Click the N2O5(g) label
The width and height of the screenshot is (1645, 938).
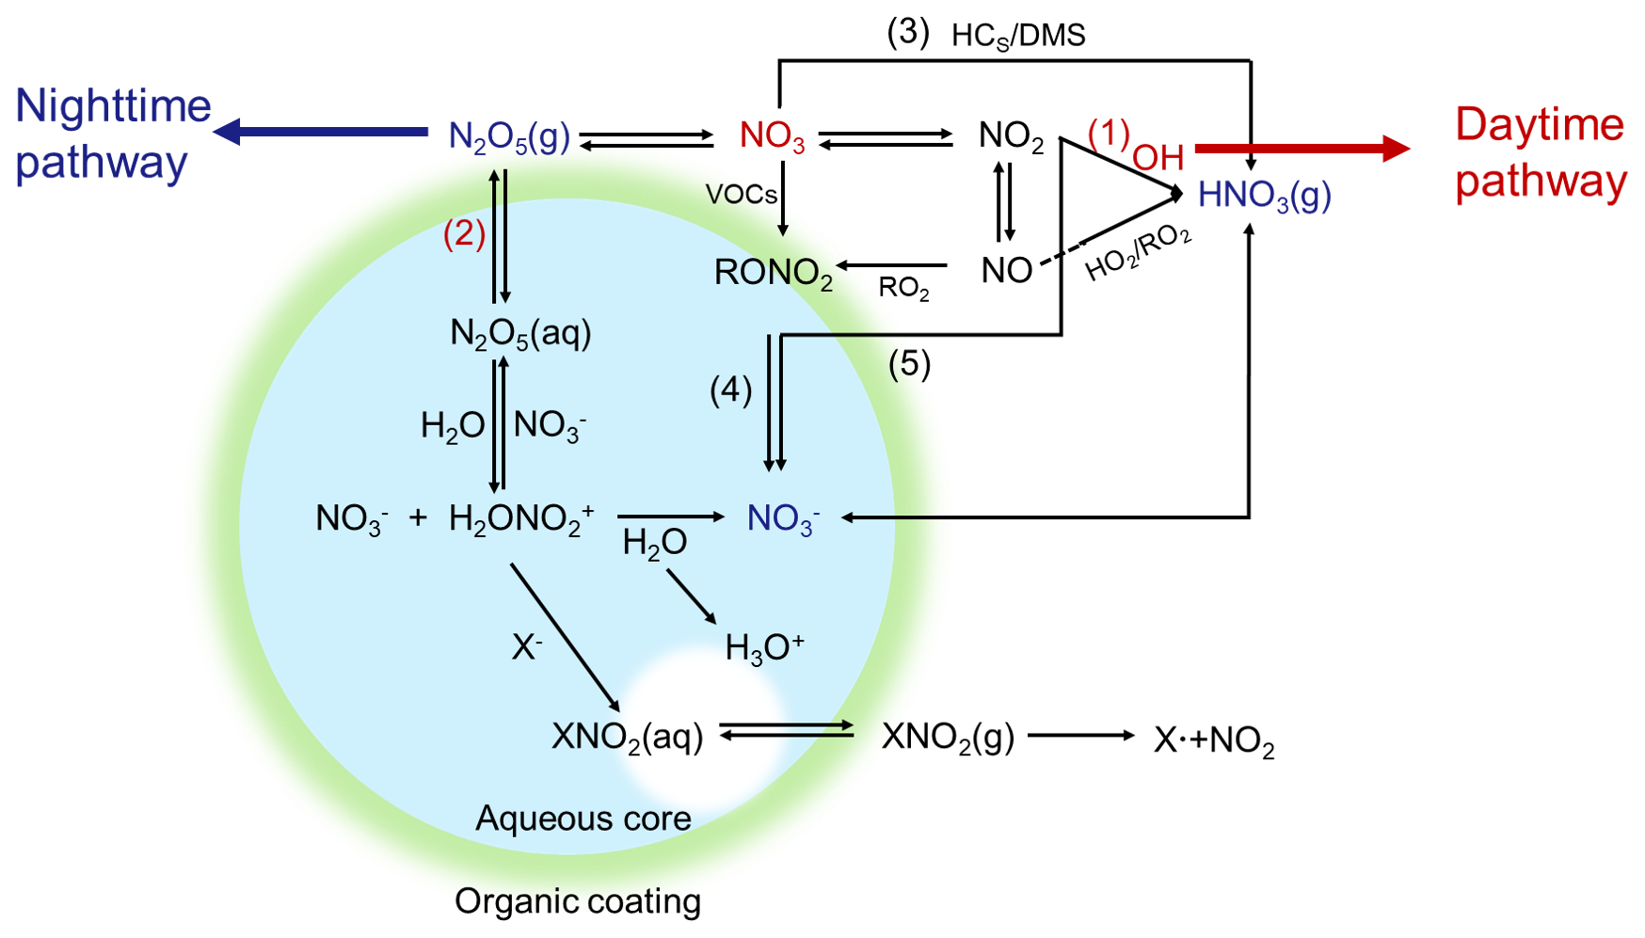click(x=509, y=137)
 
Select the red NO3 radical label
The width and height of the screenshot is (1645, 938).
click(x=772, y=136)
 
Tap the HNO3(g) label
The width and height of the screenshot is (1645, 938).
click(x=1264, y=196)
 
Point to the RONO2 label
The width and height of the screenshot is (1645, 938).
click(x=774, y=273)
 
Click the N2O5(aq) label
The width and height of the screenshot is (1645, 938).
click(x=520, y=333)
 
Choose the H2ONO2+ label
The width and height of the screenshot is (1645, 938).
click(x=521, y=518)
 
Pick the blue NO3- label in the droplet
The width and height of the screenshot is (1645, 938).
click(x=783, y=518)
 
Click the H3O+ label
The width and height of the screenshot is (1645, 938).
click(x=764, y=647)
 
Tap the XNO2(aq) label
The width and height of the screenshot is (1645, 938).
click(x=627, y=737)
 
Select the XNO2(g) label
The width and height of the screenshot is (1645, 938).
click(x=948, y=737)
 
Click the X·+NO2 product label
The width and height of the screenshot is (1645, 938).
click(x=1214, y=740)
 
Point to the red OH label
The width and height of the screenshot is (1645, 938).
click(x=1158, y=158)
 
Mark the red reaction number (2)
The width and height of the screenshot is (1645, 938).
click(x=464, y=233)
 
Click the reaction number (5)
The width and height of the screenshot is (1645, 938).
click(x=909, y=363)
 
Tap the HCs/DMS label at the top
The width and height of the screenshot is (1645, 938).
click(x=1018, y=36)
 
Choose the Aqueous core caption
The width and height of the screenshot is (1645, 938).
click(x=583, y=819)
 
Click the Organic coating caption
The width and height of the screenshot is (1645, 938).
click(x=578, y=901)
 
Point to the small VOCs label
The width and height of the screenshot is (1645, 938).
click(x=742, y=195)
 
